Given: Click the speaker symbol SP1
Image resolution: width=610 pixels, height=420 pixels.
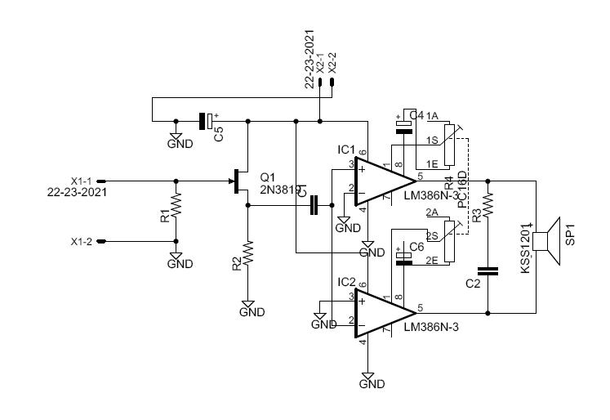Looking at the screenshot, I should (545, 240).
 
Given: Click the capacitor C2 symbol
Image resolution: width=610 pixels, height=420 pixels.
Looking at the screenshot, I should (488, 272).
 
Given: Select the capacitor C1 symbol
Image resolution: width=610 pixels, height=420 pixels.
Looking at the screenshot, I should (314, 207).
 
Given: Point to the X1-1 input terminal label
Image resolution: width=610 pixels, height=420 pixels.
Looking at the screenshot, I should (82, 181).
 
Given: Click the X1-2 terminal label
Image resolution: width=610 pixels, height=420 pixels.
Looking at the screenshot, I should (82, 242).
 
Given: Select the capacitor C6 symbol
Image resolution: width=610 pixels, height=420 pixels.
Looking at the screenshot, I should (403, 257).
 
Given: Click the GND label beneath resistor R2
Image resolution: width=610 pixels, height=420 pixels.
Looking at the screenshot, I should (252, 312).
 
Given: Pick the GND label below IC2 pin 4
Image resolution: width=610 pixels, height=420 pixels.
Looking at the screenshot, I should (372, 382).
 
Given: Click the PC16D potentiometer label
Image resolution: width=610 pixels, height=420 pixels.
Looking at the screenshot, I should (461, 190).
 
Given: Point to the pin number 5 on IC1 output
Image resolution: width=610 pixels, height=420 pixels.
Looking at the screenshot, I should (420, 176).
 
